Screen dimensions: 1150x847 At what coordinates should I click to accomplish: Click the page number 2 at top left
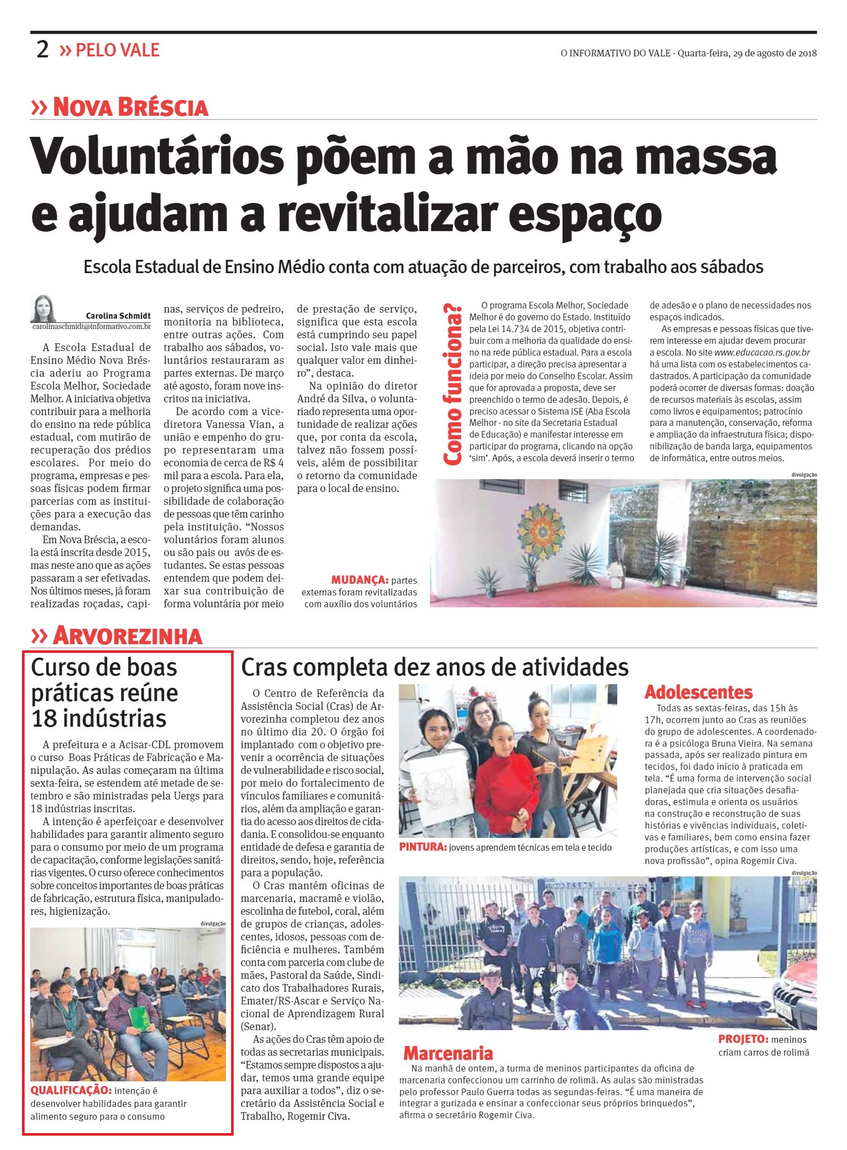(x=42, y=50)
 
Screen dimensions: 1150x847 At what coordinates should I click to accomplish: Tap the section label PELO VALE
(x=117, y=50)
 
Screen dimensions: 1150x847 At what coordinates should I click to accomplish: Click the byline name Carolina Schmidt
(x=118, y=316)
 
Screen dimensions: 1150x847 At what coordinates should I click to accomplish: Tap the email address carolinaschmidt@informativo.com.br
(x=91, y=326)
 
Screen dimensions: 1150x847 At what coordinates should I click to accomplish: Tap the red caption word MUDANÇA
(x=359, y=581)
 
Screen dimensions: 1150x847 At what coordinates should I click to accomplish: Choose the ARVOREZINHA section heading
(x=127, y=636)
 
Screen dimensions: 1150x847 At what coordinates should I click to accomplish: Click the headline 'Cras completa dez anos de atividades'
(x=435, y=668)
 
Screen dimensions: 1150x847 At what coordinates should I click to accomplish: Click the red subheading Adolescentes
(x=698, y=693)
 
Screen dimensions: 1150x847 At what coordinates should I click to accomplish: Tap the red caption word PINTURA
(x=422, y=848)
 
